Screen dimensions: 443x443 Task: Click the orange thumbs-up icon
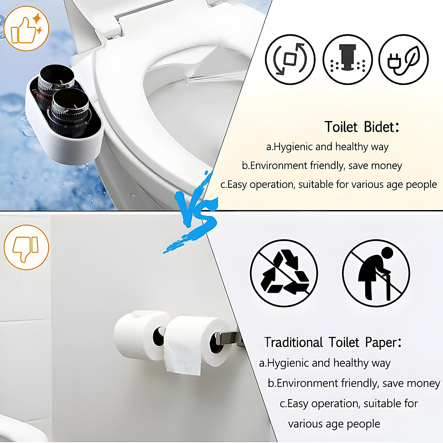[26, 28]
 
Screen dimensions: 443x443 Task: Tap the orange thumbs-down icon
[26, 247]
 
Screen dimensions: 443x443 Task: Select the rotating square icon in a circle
[290, 59]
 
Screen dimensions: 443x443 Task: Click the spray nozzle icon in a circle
[347, 59]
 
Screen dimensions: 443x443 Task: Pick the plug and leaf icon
[403, 59]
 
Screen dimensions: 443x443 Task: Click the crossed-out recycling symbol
[284, 273]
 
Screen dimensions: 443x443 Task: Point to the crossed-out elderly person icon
[376, 273]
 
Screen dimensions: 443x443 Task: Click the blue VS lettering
[196, 214]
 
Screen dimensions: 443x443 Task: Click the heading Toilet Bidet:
[362, 127]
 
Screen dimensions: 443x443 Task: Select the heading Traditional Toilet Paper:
[333, 343]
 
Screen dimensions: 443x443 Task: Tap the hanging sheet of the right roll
[183, 354]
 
